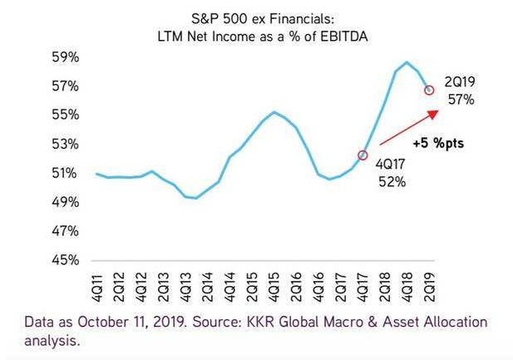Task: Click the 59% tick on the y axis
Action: pos(66,57)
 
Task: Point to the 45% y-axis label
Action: pos(66,259)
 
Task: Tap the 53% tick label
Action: pos(66,144)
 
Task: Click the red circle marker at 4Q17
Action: pos(363,155)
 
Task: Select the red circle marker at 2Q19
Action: pos(429,89)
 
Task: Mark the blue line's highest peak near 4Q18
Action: pos(407,62)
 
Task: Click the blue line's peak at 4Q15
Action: pos(274,111)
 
